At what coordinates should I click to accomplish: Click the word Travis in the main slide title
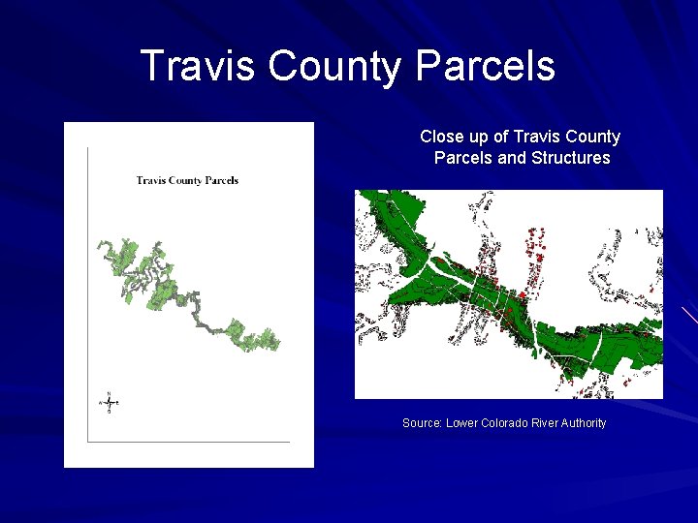tap(199, 66)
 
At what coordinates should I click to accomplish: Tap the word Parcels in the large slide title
tap(486, 66)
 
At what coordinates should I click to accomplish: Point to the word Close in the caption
tap(441, 138)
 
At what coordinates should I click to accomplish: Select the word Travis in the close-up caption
tap(536, 138)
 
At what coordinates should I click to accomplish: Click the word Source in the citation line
tap(421, 423)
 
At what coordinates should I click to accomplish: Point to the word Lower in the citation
tap(461, 423)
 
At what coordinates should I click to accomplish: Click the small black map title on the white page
tap(187, 180)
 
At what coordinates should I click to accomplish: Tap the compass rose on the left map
tap(109, 402)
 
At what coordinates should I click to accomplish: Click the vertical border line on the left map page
tap(87, 291)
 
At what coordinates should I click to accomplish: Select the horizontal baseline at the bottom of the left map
tap(189, 442)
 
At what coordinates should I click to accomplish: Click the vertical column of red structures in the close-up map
tap(533, 257)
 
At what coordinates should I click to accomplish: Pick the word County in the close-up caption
tap(592, 138)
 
